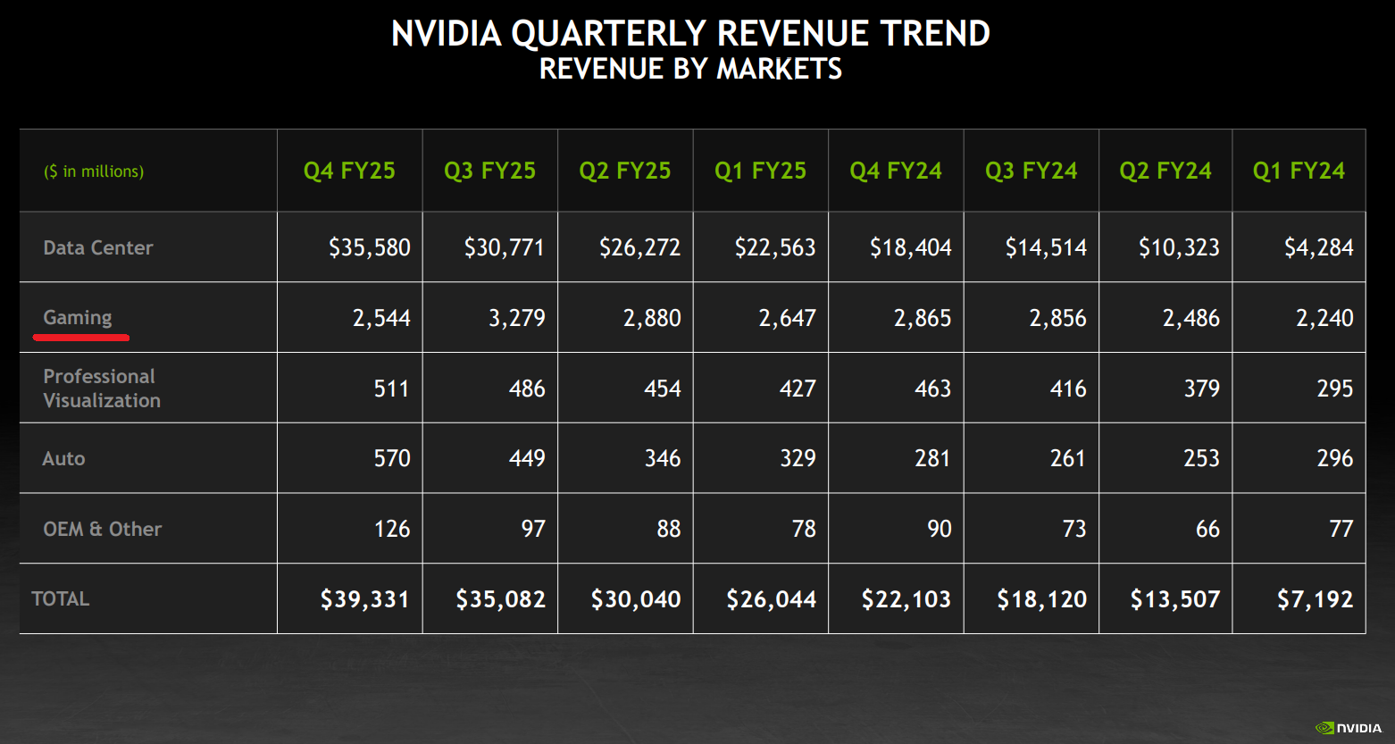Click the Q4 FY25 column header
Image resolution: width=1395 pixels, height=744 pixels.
(x=349, y=171)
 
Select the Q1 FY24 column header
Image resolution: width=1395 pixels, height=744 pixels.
(x=1299, y=171)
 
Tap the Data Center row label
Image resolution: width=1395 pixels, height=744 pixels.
(x=98, y=247)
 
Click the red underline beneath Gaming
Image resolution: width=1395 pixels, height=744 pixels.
(x=81, y=338)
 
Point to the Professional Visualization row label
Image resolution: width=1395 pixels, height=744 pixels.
(x=102, y=388)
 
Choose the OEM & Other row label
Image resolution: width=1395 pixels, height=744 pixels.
(x=103, y=529)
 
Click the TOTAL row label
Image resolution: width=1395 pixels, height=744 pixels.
(x=61, y=598)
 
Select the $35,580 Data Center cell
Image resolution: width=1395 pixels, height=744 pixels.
(x=370, y=247)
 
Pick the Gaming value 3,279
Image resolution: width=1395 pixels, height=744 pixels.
(x=517, y=318)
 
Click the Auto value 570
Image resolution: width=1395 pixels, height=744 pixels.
(x=392, y=458)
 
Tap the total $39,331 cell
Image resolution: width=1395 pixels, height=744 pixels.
(x=365, y=599)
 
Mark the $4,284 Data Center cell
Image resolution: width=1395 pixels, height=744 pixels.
(x=1319, y=247)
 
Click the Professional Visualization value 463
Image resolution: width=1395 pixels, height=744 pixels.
(x=932, y=389)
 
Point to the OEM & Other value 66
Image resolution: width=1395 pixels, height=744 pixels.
(x=1207, y=529)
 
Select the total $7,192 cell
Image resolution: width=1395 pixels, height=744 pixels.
(x=1316, y=599)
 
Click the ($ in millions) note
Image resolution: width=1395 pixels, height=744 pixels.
(x=94, y=171)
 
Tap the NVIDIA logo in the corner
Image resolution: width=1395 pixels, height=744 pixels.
(x=1349, y=728)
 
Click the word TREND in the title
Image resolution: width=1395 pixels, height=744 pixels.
(x=935, y=34)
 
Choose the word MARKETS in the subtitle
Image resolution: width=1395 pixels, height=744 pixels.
(x=780, y=69)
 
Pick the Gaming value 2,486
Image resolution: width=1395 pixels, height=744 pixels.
(x=1190, y=318)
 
